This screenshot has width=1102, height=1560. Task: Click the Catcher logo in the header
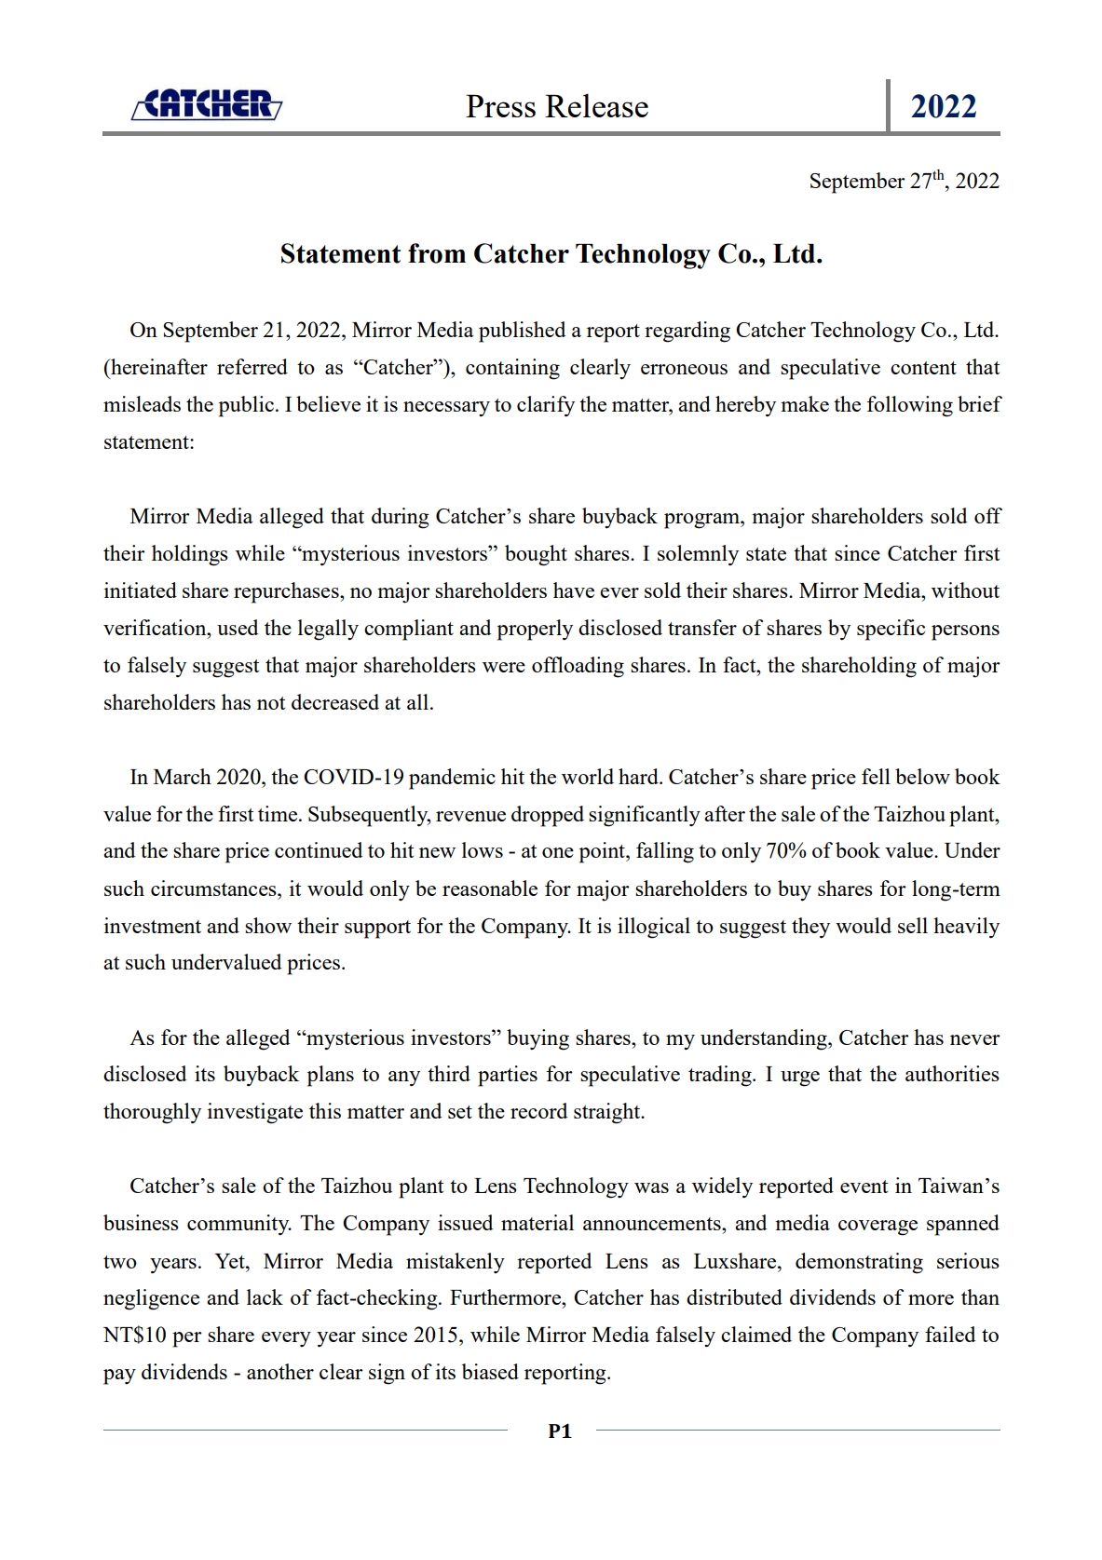click(x=207, y=105)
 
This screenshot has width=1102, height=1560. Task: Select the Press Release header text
click(x=557, y=107)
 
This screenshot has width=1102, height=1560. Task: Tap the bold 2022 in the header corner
click(x=943, y=107)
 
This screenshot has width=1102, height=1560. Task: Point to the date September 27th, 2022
click(x=904, y=181)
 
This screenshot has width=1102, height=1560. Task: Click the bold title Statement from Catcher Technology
click(x=551, y=254)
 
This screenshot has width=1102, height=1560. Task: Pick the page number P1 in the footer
click(x=560, y=1431)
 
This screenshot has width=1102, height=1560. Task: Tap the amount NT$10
click(x=135, y=1336)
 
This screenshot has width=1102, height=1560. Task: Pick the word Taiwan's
click(x=959, y=1187)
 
